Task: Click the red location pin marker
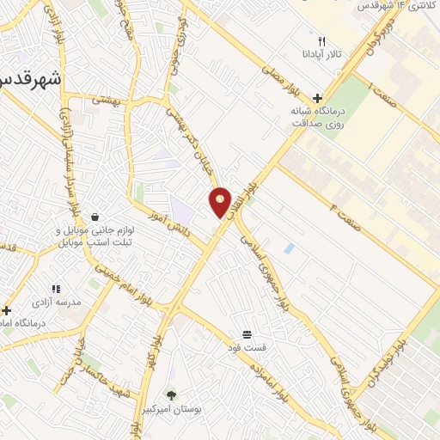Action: [221, 203]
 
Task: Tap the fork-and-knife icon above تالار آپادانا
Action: [322, 41]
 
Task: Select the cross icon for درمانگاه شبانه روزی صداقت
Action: [318, 99]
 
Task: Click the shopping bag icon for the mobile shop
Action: [93, 217]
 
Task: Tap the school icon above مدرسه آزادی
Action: [56, 290]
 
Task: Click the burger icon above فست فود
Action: [247, 333]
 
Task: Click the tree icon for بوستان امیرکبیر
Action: [171, 395]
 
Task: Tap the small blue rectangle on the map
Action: [289, 248]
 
